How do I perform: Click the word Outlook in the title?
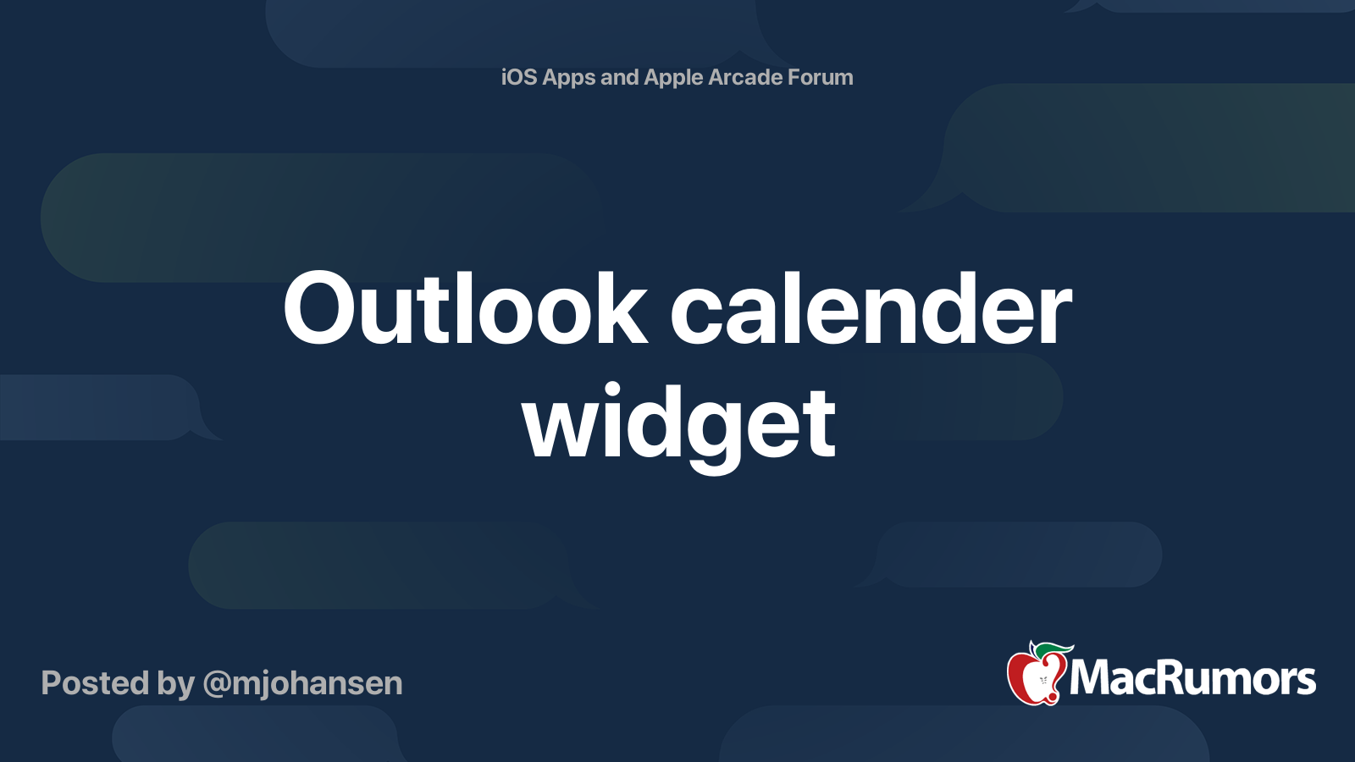tap(465, 307)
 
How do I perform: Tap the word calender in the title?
tap(871, 307)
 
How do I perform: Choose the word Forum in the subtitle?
tap(820, 77)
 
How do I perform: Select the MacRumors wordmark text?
tap(1192, 677)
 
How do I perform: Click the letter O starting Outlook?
tap(318, 307)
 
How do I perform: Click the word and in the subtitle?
tap(619, 77)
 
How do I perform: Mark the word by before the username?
tap(176, 685)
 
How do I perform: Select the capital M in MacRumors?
tap(1093, 677)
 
